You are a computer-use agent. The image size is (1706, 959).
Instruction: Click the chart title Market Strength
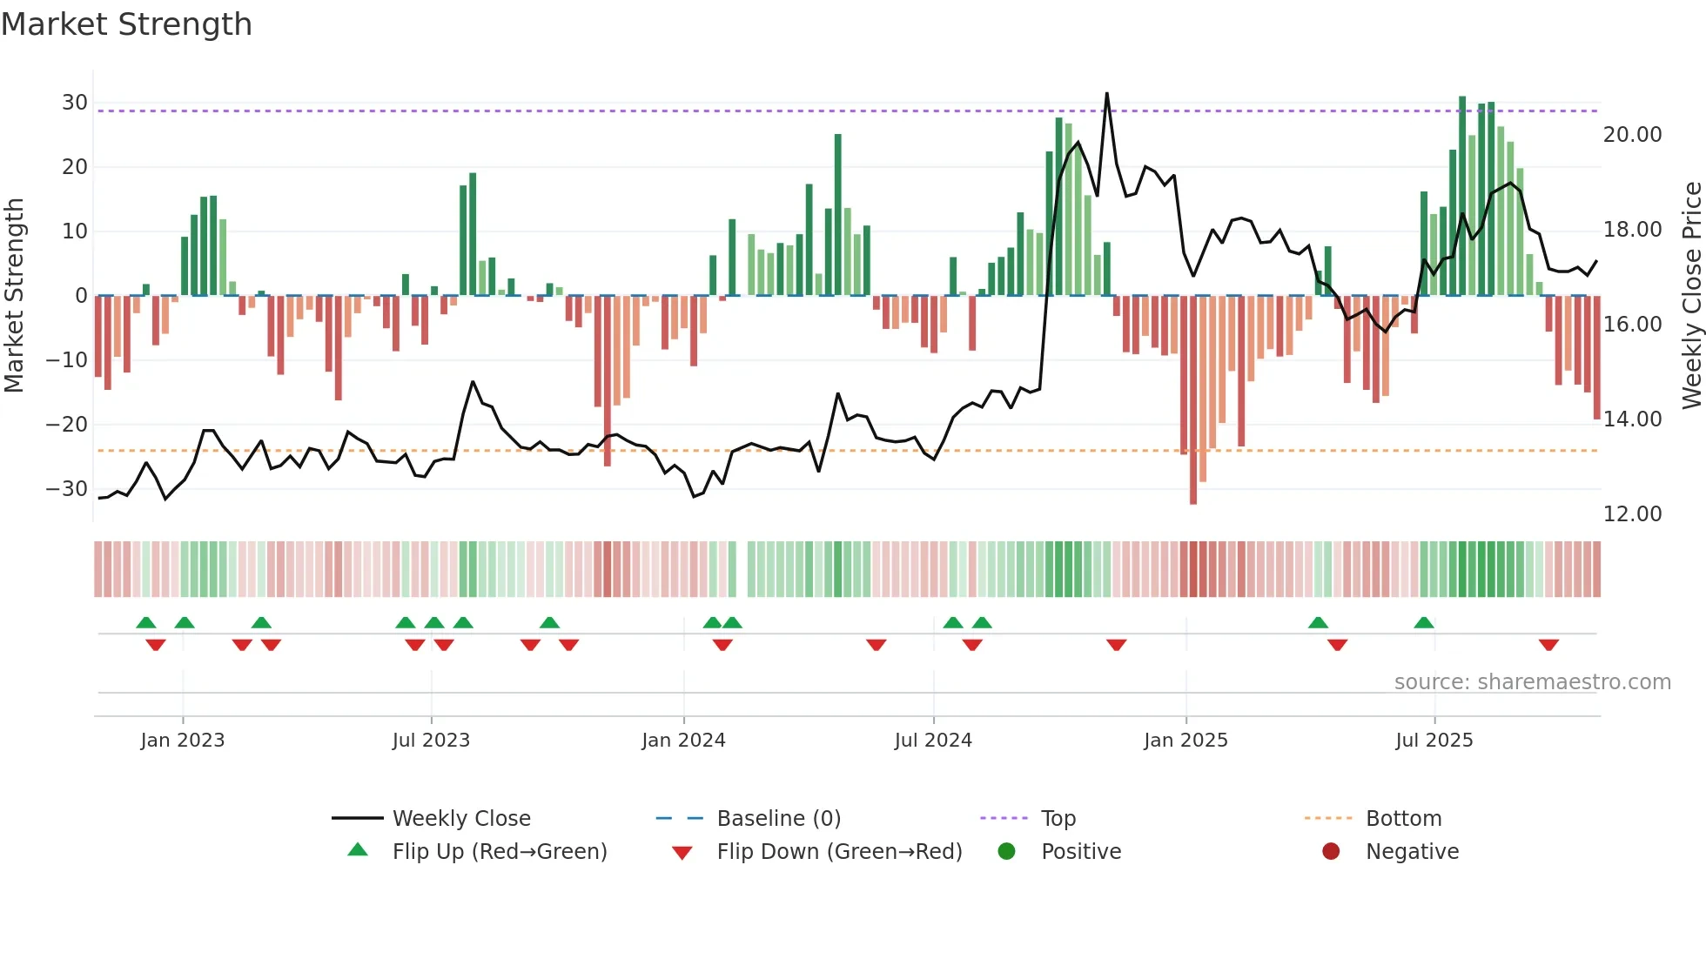[126, 24]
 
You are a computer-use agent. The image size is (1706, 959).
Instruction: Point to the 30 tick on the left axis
[75, 103]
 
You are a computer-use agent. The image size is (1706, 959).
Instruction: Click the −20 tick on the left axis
[67, 425]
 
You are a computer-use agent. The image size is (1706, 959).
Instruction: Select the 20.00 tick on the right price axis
[1632, 135]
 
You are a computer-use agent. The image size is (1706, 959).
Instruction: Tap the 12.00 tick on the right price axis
[1632, 514]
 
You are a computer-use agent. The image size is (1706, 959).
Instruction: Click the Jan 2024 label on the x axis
[683, 741]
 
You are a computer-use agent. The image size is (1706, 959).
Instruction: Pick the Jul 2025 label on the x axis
[1434, 741]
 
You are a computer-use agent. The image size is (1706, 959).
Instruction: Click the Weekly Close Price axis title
[1691, 296]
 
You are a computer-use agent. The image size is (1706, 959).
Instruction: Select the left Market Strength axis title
[14, 296]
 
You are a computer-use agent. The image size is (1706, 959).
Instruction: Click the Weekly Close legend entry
[461, 819]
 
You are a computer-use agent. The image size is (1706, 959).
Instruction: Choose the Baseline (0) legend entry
[778, 819]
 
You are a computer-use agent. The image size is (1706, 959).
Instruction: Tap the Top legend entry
[1058, 819]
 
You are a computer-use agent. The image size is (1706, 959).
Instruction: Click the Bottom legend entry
[1403, 819]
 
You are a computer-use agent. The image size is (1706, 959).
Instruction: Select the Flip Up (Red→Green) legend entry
[499, 852]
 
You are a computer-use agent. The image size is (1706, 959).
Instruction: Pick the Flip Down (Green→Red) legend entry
[839, 852]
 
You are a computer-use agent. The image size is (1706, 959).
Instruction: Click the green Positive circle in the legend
[1007, 852]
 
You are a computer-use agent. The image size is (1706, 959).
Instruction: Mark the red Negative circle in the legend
[1331, 852]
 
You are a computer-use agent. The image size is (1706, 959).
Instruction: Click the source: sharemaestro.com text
[1532, 682]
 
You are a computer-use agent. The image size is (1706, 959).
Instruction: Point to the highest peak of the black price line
[1106, 93]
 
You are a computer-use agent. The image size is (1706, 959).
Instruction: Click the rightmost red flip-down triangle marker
[1548, 645]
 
